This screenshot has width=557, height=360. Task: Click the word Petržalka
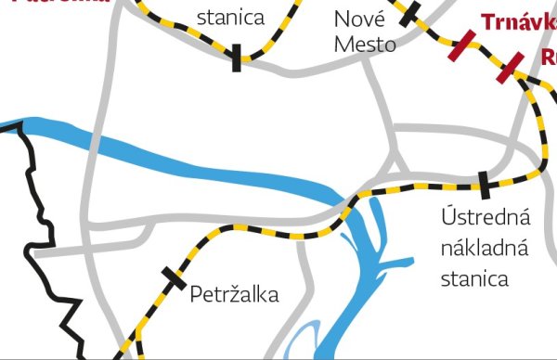pos(234,295)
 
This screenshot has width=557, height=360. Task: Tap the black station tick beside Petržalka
pos(174,277)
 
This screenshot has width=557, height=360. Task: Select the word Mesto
pos(366,44)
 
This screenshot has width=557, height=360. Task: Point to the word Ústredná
pos(485,218)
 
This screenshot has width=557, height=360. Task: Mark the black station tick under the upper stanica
pos(237,58)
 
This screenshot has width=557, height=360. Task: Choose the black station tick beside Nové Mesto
pos(410,13)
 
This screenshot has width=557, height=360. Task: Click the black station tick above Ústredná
pos(483,185)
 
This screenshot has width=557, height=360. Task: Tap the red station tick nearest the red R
pos(510,67)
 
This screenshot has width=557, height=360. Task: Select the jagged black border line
pos(37,232)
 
